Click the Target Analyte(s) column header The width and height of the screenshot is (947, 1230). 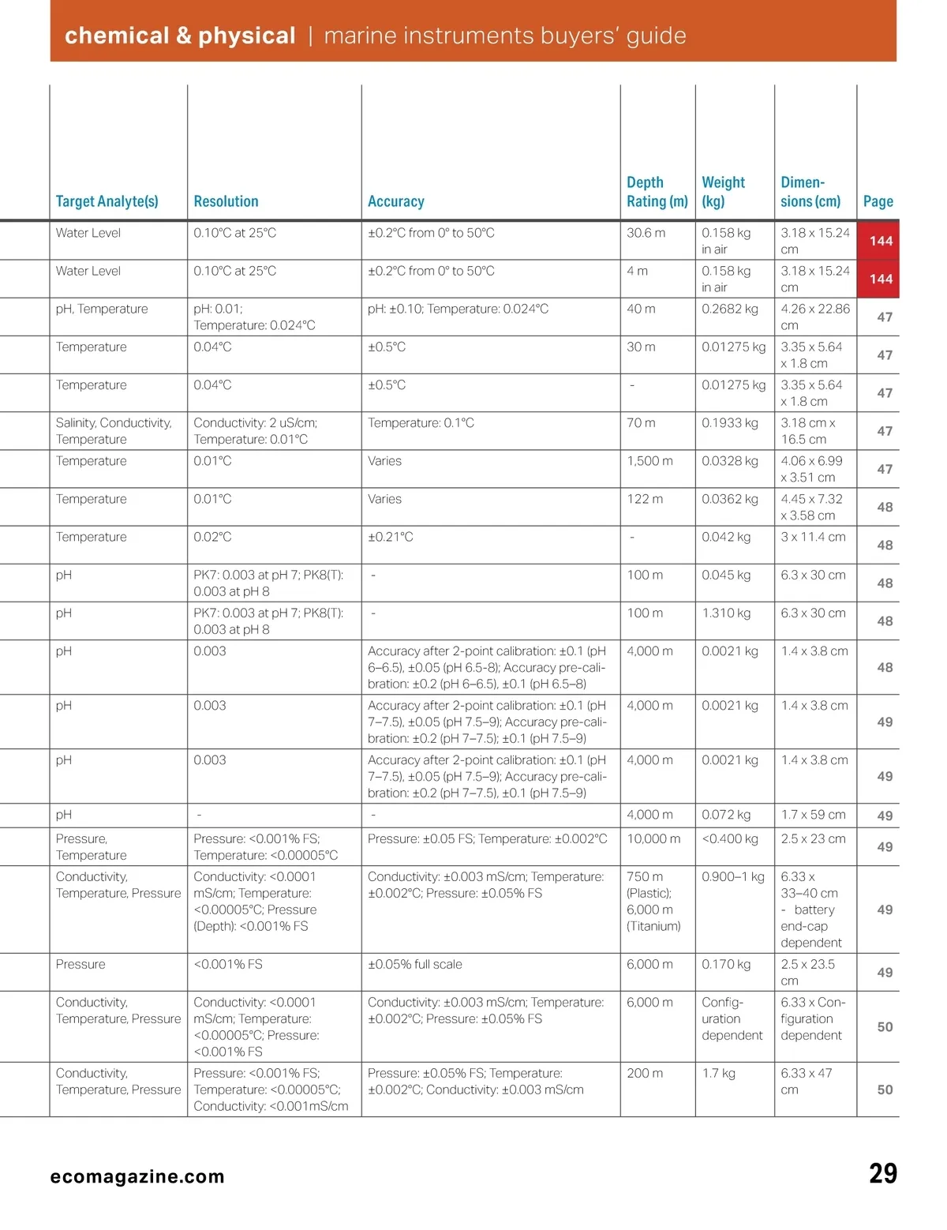point(107,201)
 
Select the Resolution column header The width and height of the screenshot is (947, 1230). point(226,201)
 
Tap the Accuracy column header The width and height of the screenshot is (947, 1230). point(395,201)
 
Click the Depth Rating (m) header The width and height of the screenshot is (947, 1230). point(657,192)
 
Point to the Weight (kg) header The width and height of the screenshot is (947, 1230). point(723,192)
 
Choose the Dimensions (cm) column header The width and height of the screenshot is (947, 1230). point(810,192)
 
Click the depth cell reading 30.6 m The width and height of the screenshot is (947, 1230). point(646,233)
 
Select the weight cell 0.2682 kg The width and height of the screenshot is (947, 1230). point(729,309)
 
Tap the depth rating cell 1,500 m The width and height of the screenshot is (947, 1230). point(649,461)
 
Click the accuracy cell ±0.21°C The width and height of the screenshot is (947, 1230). point(390,537)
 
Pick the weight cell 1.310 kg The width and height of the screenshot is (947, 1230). point(726,613)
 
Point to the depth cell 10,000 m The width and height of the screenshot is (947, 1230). point(653,838)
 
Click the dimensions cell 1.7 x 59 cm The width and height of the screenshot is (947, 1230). point(813,815)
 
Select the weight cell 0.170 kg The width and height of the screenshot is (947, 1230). point(726,964)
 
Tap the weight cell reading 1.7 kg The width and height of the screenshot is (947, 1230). point(718,1073)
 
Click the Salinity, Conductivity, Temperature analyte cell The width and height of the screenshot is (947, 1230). point(114,431)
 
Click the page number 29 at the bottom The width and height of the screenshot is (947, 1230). point(882,1174)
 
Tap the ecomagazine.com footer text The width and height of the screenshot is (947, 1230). point(137,1176)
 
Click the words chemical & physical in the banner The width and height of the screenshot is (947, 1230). point(180,36)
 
